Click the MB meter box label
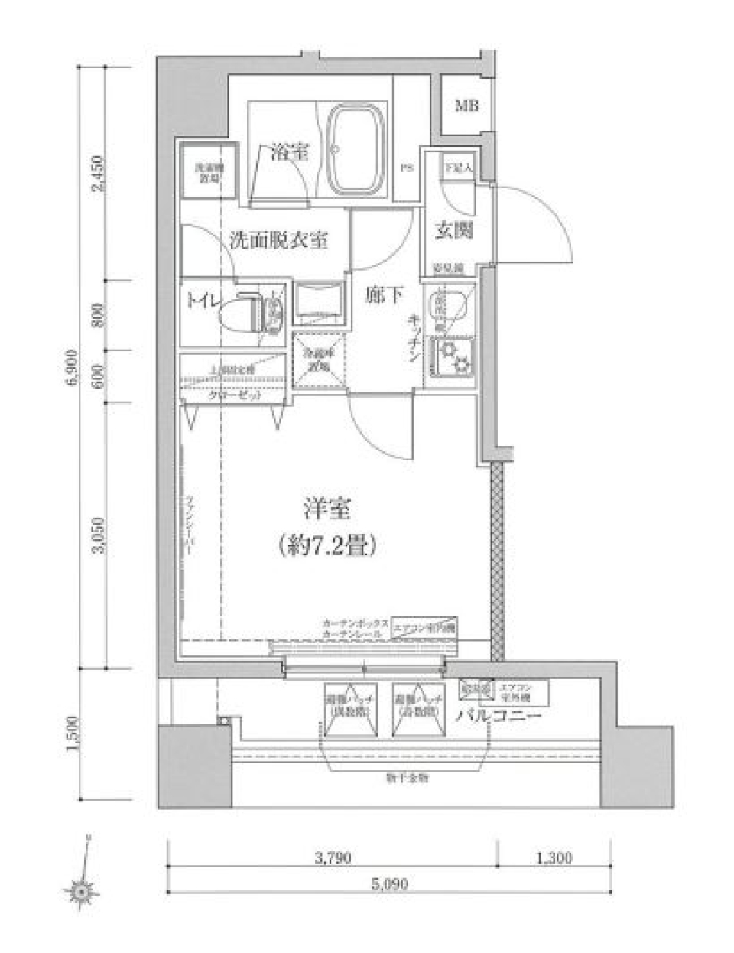(467, 106)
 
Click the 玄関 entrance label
(453, 229)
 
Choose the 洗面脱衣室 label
(279, 240)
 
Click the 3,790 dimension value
(333, 858)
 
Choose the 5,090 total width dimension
(390, 884)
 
